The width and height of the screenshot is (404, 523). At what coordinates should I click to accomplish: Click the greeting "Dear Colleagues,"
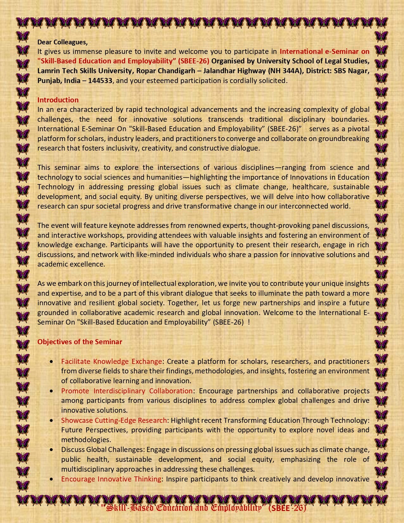62,42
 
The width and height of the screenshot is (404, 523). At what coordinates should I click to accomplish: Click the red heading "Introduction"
58,100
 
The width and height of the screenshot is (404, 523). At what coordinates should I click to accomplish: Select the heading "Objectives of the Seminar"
80,342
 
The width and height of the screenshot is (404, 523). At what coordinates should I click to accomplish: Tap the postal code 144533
100,81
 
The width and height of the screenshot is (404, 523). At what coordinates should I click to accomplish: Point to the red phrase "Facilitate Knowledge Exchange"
112,361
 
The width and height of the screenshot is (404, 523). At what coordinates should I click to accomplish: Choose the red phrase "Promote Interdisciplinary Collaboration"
127,391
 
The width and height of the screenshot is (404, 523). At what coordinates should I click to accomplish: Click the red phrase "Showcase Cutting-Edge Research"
114,420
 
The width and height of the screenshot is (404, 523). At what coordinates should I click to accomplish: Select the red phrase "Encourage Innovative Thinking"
111,479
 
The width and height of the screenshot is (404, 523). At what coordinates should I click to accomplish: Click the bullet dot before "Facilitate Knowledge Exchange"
52,362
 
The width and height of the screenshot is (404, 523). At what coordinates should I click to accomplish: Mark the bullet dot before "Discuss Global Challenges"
52,450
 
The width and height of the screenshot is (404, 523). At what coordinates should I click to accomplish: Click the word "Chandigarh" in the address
177,71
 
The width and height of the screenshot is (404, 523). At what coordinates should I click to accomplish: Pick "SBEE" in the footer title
280,508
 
